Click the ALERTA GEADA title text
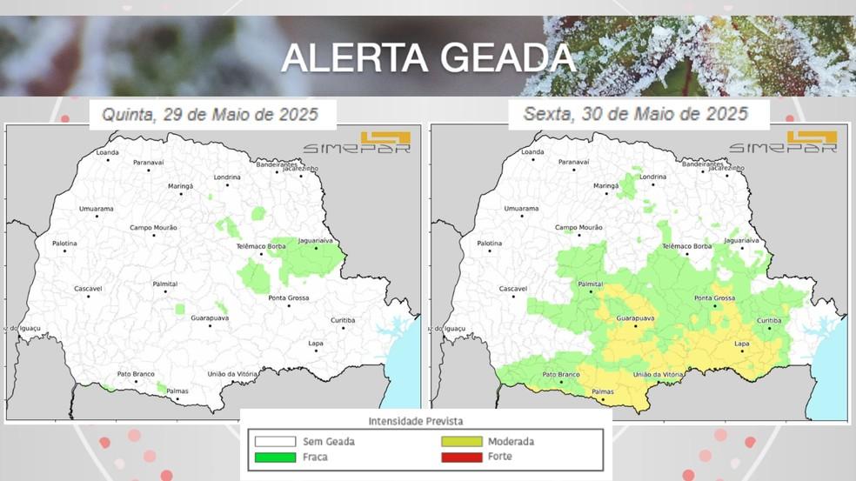point(428,57)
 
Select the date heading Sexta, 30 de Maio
point(635,114)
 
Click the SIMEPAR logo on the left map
point(357,143)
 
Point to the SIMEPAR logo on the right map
point(783,143)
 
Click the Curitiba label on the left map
point(343,320)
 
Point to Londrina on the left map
point(227,177)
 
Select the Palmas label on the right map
point(603,391)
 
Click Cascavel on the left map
point(88,288)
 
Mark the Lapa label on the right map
point(741,344)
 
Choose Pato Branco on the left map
point(136,374)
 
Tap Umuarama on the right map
point(521,209)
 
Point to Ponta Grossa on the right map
point(714,298)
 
